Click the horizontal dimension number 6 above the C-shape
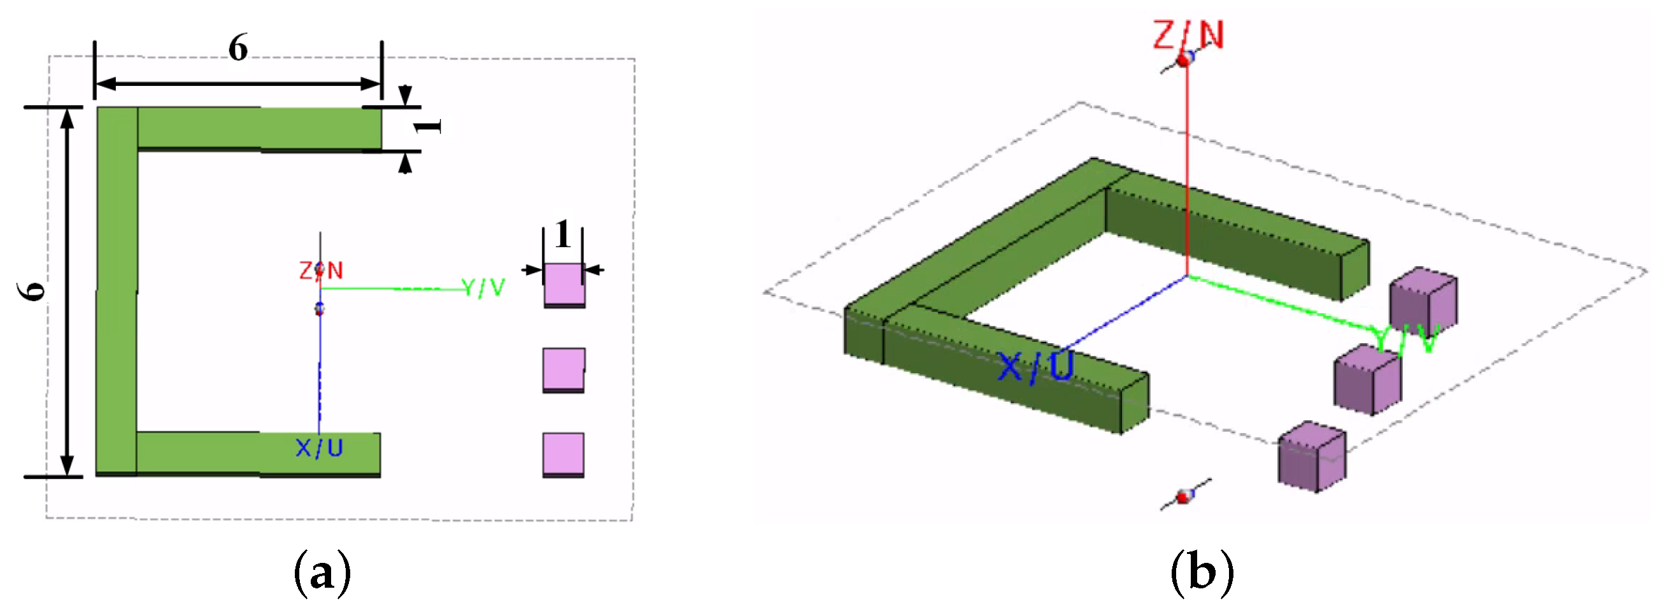(x=238, y=48)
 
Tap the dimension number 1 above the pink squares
(x=563, y=234)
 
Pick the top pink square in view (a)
(x=564, y=285)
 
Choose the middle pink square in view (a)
(x=564, y=369)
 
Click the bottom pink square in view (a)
(x=564, y=454)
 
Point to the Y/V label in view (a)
(x=483, y=288)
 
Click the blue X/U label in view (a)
(x=319, y=448)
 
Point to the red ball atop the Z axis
(x=1184, y=60)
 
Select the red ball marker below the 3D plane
(x=1183, y=497)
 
